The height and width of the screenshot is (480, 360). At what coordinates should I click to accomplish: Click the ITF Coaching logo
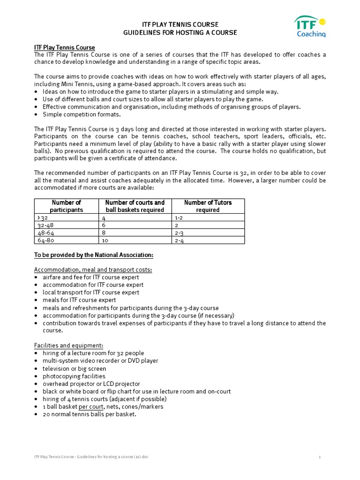(310, 26)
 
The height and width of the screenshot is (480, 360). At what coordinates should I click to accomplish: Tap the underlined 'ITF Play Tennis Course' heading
(65, 48)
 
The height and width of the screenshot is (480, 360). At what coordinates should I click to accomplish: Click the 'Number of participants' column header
(66, 206)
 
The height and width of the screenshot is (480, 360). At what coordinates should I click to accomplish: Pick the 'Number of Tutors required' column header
(208, 206)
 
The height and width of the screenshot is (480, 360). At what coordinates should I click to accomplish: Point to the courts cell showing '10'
(105, 240)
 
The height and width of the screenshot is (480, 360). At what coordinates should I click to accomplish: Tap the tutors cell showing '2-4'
(179, 240)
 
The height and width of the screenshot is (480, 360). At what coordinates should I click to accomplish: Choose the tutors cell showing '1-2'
(179, 217)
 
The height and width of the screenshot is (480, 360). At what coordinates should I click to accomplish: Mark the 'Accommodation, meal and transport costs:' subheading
(93, 270)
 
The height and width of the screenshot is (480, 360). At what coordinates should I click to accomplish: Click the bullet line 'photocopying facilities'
(74, 376)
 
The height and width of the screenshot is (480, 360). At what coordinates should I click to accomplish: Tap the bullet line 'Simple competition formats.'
(82, 114)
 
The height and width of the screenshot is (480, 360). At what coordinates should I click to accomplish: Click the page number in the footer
(319, 456)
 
